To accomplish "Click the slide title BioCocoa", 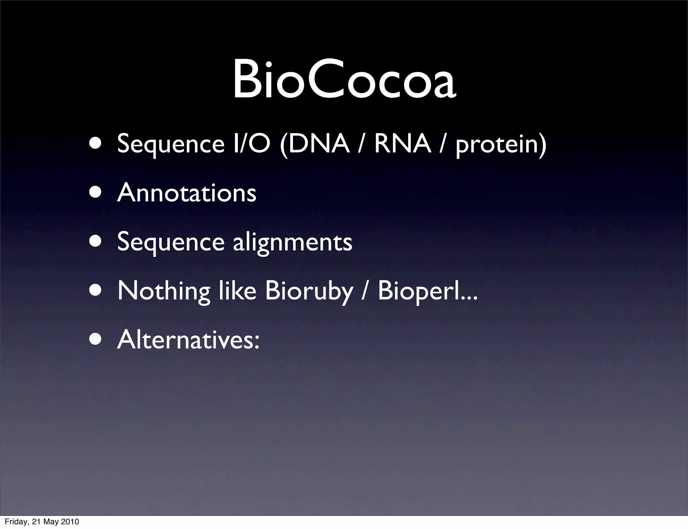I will [344, 80].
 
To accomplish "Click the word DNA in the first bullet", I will [318, 144].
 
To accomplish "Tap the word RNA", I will [402, 144].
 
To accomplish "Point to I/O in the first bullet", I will [252, 144].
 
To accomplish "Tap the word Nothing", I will [164, 291].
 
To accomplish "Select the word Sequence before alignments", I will [171, 242].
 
